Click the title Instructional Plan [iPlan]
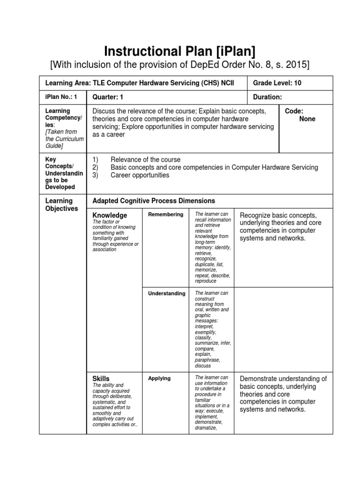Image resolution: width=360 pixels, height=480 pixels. tap(180, 51)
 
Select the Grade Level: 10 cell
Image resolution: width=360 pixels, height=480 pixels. tap(277, 83)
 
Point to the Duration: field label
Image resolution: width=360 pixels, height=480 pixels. tap(267, 97)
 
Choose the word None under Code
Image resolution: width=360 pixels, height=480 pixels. tap(307, 119)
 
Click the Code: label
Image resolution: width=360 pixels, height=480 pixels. tap(294, 111)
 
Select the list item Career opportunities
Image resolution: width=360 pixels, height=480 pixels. tap(140, 175)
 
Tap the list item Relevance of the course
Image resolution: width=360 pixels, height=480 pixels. tap(145, 160)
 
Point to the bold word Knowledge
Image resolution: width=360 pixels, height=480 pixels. tap(110, 215)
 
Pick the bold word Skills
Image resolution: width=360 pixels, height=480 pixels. tap(101, 378)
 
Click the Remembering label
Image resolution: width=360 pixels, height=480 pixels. tap(165, 215)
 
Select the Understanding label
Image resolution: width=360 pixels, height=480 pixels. tap(167, 293)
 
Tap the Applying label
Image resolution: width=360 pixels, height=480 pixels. tap(159, 378)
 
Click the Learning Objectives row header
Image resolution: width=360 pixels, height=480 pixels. tap(61, 205)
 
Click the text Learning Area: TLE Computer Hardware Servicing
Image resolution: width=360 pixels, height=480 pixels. tap(139, 83)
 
